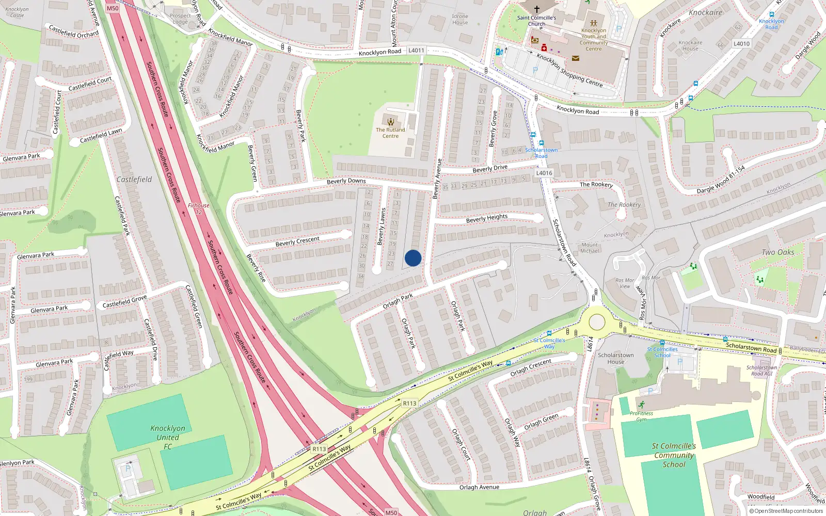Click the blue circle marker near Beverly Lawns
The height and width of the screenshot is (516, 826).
tap(413, 258)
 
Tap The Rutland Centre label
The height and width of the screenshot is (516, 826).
tap(390, 133)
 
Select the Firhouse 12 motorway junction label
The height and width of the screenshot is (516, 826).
tap(198, 208)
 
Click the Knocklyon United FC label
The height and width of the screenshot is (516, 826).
tap(168, 437)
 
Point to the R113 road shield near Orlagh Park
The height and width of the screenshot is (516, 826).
tap(409, 403)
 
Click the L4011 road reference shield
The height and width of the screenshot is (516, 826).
tap(416, 51)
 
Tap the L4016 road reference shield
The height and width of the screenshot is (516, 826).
tap(544, 173)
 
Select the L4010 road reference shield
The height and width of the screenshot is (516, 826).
tap(741, 44)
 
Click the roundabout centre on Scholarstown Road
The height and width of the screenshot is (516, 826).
tap(597, 322)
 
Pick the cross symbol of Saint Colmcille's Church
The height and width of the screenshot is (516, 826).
tap(536, 9)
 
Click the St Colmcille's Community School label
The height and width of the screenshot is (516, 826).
tap(674, 455)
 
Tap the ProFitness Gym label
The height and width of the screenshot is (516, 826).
tap(641, 416)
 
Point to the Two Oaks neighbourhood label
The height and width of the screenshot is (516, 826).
tap(778, 252)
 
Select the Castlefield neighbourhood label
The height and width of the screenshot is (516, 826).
tap(134, 180)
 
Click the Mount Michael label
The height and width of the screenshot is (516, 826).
tap(590, 248)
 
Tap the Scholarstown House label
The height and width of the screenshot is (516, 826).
tap(615, 358)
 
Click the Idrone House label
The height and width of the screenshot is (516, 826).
tap(460, 20)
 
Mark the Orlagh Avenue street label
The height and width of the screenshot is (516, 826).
tap(479, 487)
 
